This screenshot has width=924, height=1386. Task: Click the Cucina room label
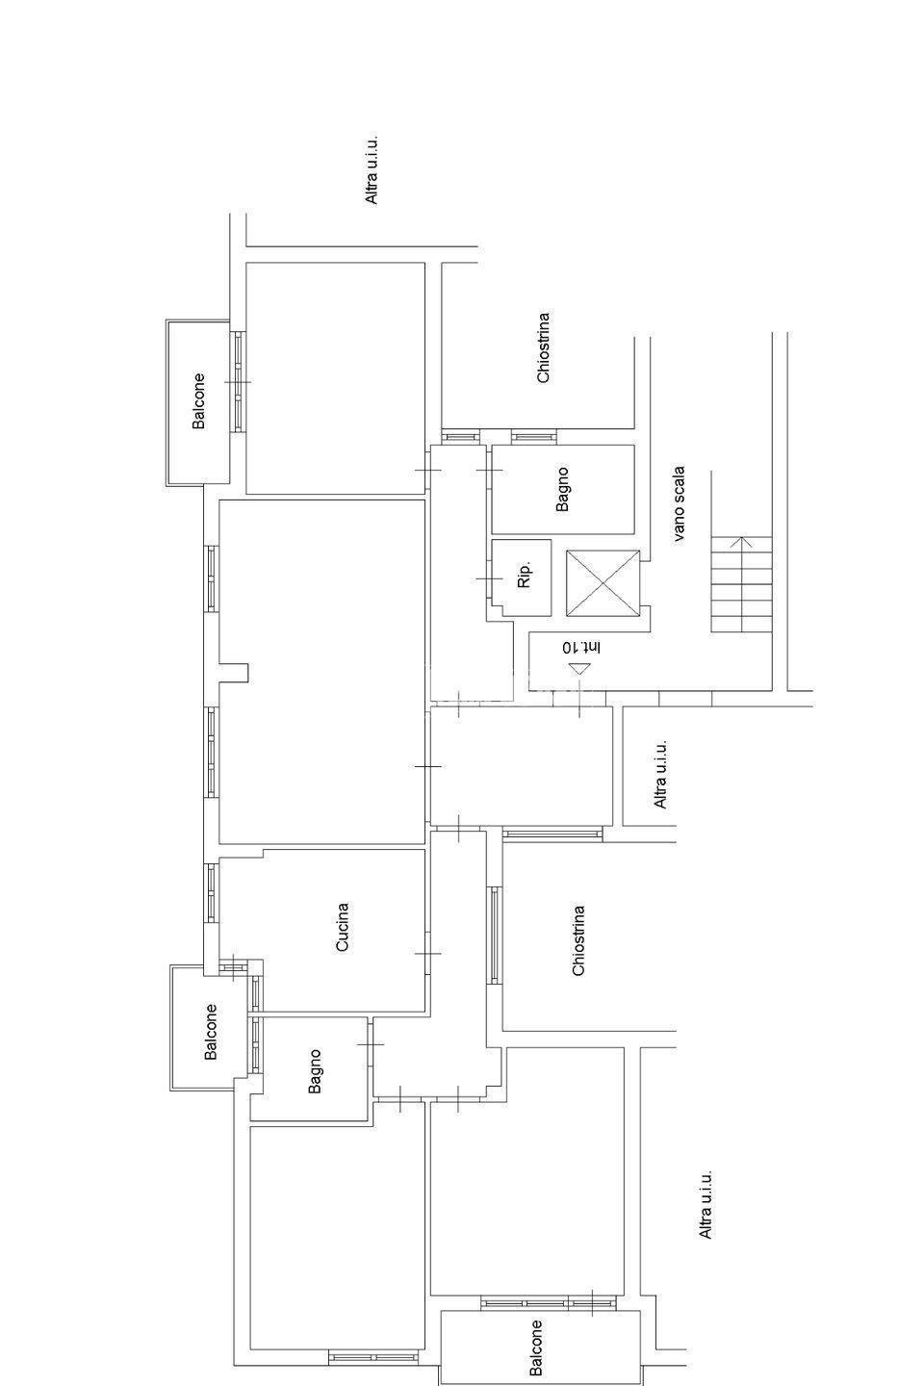(x=342, y=927)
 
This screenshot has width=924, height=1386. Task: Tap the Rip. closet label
(x=525, y=577)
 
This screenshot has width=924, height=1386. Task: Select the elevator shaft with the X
(x=603, y=583)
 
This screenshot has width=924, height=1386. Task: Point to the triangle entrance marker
(x=579, y=668)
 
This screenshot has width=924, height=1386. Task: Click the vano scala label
(x=679, y=504)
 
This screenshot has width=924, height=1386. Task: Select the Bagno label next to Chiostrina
(x=561, y=489)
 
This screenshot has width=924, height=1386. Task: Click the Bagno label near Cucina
(x=315, y=1071)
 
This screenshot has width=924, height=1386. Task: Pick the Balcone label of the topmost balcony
(x=198, y=401)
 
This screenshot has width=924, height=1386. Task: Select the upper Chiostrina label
(x=543, y=347)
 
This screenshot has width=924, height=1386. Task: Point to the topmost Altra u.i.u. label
(x=372, y=170)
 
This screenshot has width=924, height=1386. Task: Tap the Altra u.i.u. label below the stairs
(x=660, y=774)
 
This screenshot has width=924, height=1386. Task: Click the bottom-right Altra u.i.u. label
(x=706, y=1203)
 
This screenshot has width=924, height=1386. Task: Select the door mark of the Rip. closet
(x=490, y=579)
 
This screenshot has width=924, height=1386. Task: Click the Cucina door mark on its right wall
(x=427, y=954)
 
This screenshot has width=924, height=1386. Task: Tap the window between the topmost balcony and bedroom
(x=239, y=381)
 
